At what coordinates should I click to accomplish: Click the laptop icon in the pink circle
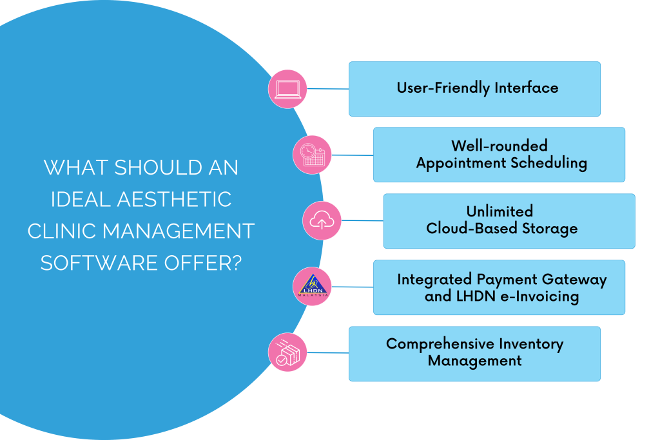point(287,89)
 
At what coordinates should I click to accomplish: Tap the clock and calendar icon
point(312,155)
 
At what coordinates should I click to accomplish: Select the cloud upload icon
point(321,221)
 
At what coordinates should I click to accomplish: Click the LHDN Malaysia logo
point(312,287)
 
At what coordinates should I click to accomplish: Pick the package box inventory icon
point(287,353)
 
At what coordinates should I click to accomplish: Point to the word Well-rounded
point(499,146)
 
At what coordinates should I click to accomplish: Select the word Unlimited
point(500,211)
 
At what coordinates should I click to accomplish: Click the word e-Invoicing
point(538,296)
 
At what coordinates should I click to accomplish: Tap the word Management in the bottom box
point(474,361)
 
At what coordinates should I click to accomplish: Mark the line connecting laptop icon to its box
point(327,89)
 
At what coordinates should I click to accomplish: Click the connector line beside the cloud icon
point(362,221)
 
